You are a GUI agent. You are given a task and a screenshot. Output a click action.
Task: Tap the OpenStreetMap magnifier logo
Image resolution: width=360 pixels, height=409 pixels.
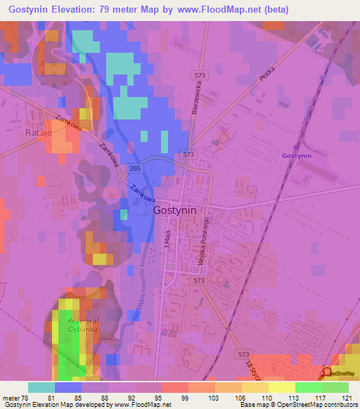pos(327,375)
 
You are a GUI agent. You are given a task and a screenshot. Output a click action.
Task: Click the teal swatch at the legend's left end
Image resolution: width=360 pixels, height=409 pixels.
pos(41,387)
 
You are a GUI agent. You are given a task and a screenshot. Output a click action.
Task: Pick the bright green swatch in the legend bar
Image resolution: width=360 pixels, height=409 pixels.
pos(309,387)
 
